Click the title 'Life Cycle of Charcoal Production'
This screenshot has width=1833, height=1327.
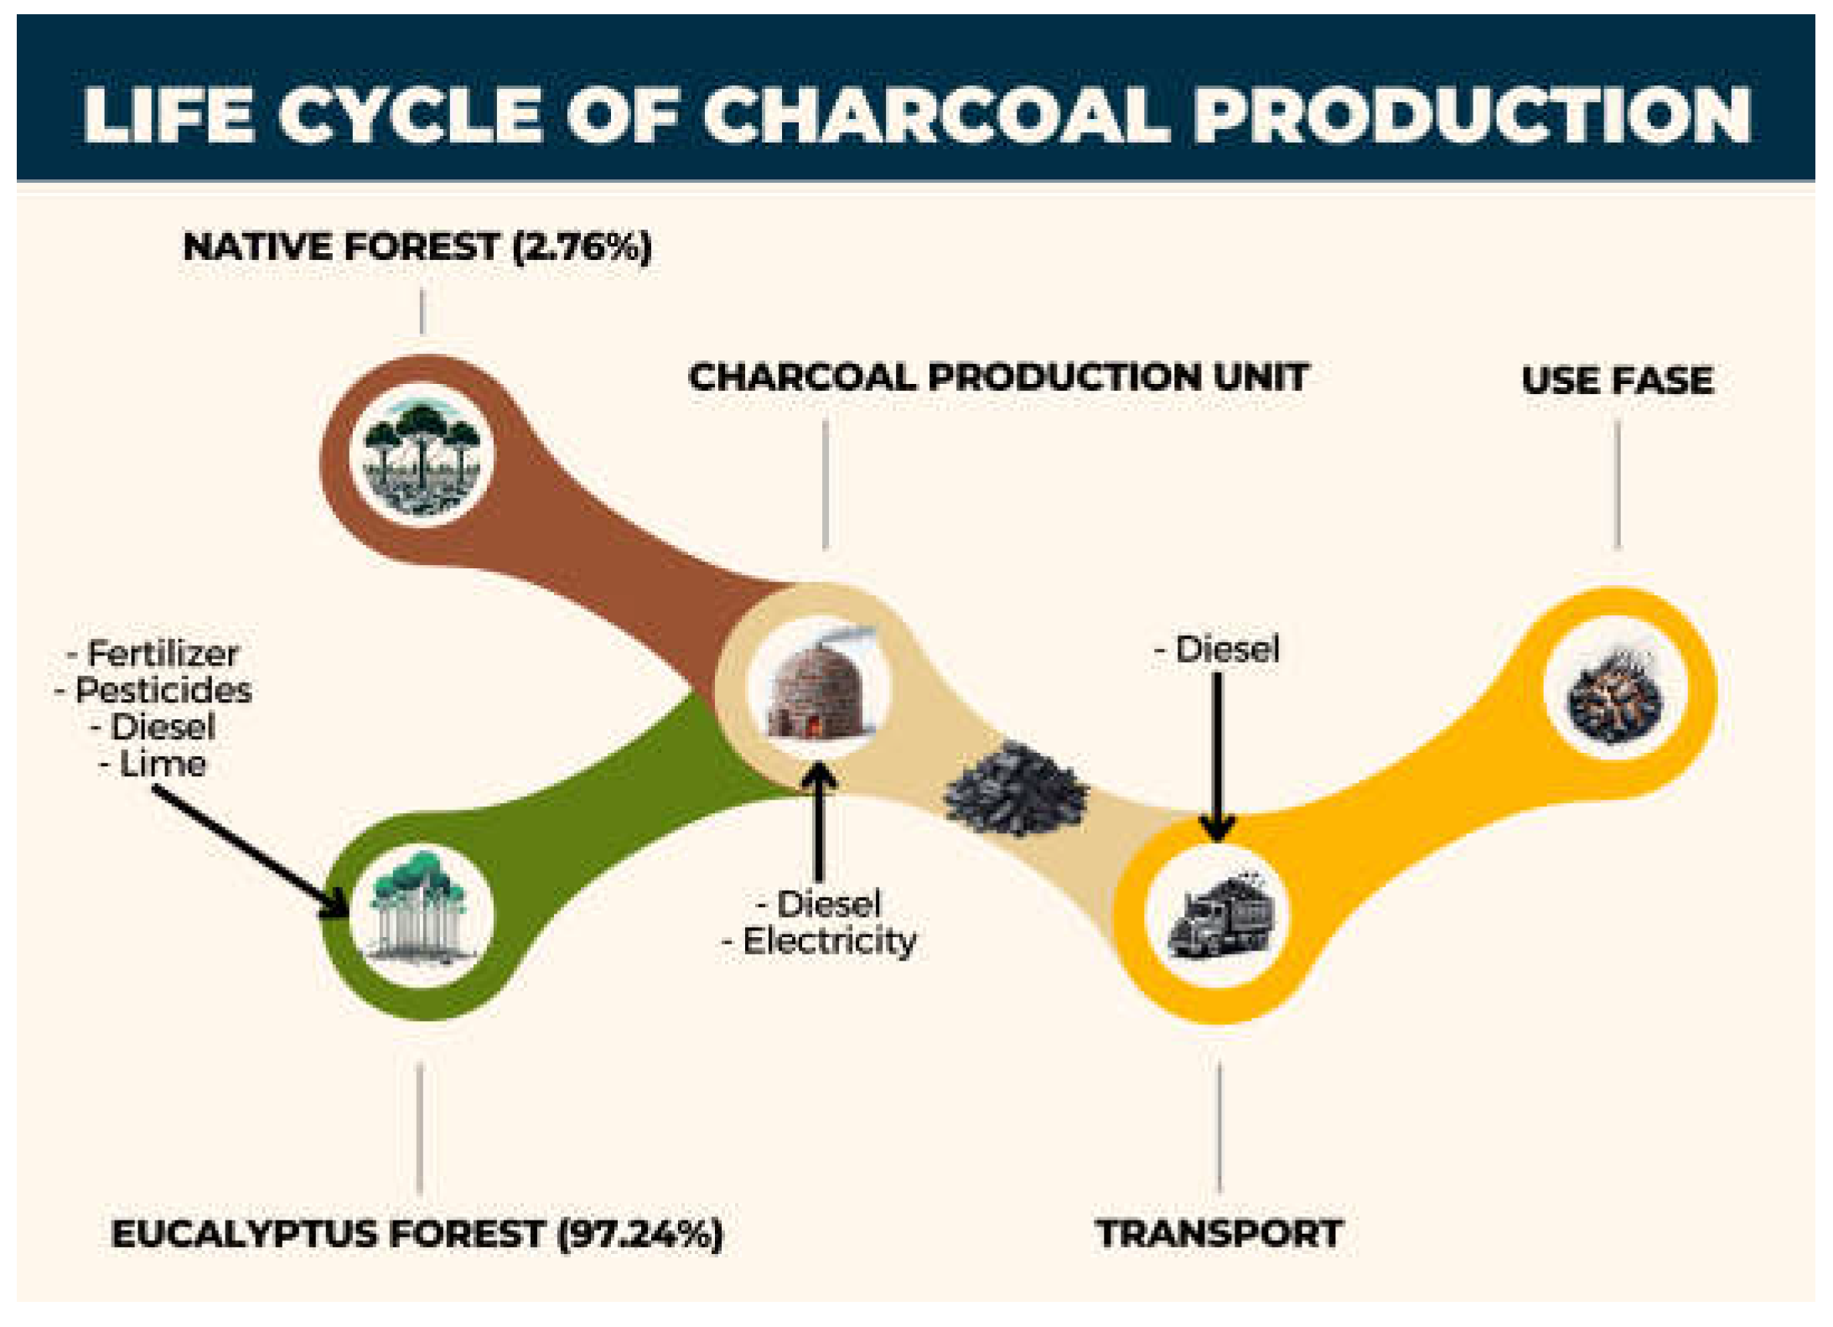point(916,114)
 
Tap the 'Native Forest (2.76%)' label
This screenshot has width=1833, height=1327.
point(417,247)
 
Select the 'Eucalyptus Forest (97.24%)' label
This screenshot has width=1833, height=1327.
point(417,1234)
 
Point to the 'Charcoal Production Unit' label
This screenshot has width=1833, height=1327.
point(998,377)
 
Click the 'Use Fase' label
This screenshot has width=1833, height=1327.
point(1617,381)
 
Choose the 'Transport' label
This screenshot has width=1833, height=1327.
point(1219,1233)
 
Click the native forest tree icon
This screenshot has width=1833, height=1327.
point(422,455)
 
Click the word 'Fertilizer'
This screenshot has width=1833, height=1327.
point(163,653)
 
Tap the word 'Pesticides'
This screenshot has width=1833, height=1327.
point(163,690)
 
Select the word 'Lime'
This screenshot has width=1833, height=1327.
point(163,764)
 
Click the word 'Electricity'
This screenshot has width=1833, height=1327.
point(829,941)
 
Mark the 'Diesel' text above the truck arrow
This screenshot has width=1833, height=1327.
point(1227,650)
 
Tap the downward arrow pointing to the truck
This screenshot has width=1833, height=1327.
point(1217,754)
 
